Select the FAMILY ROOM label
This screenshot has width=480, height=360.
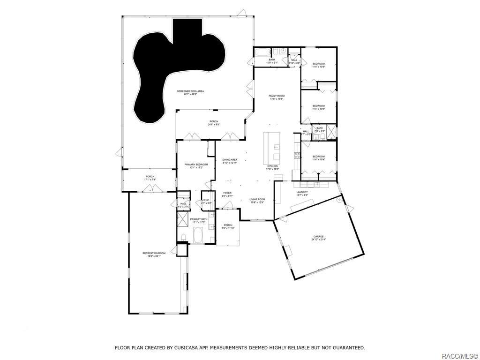click(x=277, y=97)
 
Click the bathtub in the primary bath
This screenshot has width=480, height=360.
click(x=198, y=235)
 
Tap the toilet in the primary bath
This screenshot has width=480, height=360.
click(x=183, y=236)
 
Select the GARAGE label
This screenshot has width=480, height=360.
click(x=319, y=238)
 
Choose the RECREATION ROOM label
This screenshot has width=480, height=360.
click(x=154, y=255)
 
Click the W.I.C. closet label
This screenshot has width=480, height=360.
click(x=207, y=202)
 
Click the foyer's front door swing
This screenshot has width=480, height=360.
click(x=229, y=204)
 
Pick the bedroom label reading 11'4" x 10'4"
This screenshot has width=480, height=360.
click(x=319, y=158)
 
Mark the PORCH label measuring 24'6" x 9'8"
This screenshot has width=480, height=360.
click(x=214, y=123)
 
